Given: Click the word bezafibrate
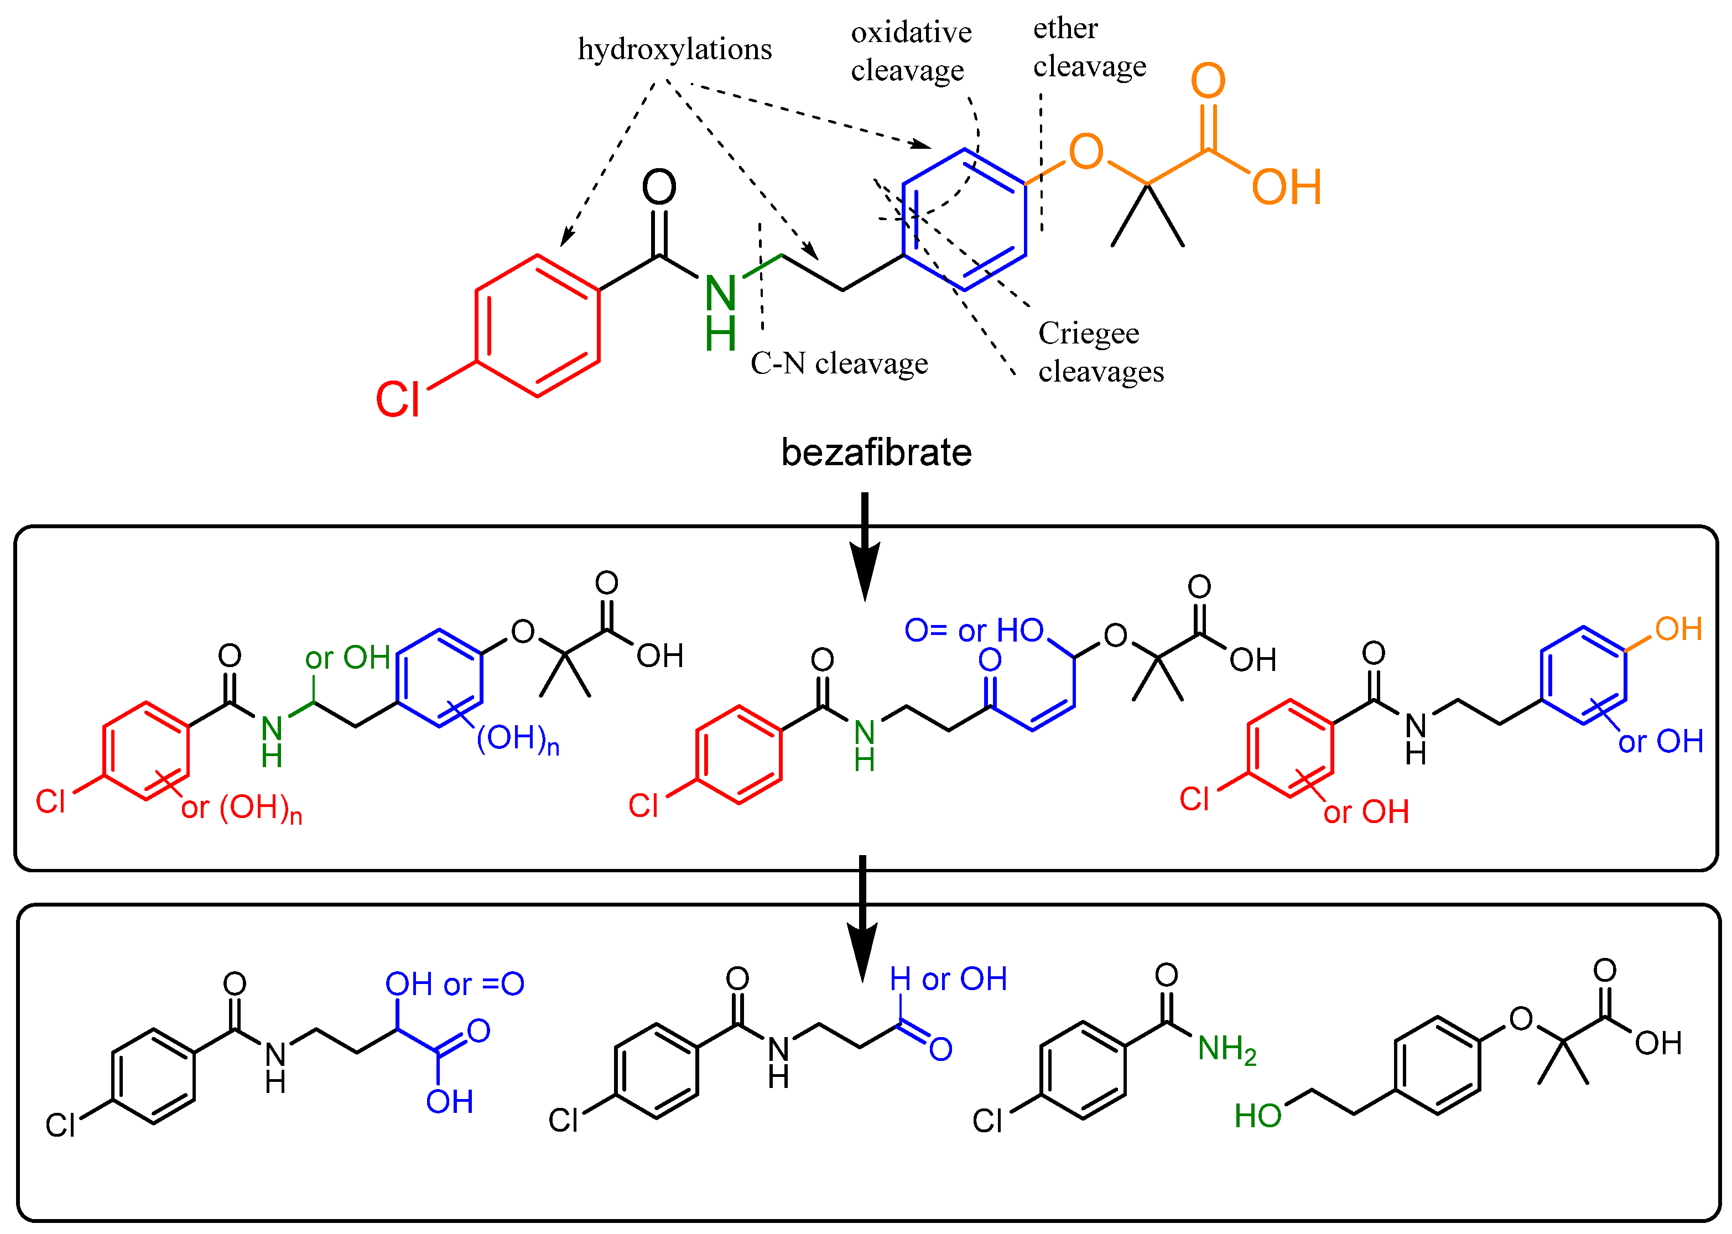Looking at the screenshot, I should [876, 453].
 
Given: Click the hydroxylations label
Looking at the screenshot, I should [674, 49].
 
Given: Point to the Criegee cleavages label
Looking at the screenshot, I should [1100, 352].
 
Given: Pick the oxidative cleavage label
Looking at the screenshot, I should [911, 51].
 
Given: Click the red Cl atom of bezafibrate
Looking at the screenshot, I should [398, 400].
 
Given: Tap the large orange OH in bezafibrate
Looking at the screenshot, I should [1286, 187].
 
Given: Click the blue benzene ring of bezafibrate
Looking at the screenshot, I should [964, 220].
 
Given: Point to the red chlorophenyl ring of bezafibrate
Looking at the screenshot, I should [537, 325].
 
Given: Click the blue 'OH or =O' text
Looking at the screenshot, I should [454, 984].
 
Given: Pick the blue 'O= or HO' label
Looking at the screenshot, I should [973, 631].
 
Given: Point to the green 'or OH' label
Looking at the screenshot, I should [347, 658].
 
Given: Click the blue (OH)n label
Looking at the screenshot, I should [517, 738].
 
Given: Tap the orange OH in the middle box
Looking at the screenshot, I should [1678, 629].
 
